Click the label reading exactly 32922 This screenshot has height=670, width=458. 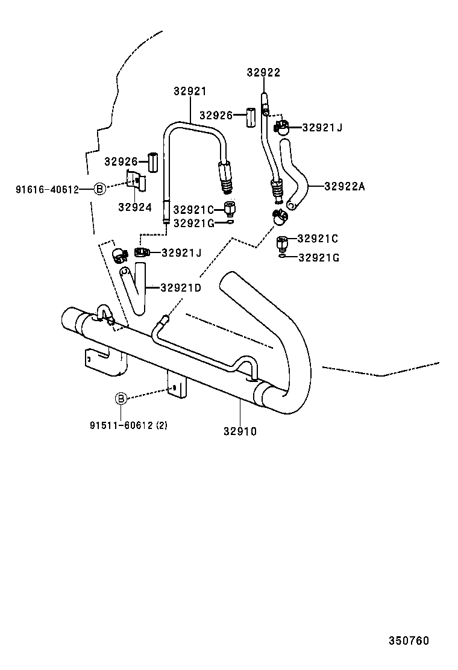[x=263, y=73]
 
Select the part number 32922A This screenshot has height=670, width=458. [x=345, y=186]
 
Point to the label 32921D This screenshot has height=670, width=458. [x=181, y=287]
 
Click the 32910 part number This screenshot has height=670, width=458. [x=240, y=431]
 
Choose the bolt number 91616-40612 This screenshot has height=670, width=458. [x=47, y=189]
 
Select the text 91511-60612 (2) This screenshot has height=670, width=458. [x=129, y=425]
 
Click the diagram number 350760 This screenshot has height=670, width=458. [x=408, y=640]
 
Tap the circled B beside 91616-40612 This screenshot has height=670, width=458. [x=100, y=189]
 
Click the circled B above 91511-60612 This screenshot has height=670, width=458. [x=121, y=398]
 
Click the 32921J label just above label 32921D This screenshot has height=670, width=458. [x=181, y=252]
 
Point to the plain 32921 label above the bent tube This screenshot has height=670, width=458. [x=190, y=92]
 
